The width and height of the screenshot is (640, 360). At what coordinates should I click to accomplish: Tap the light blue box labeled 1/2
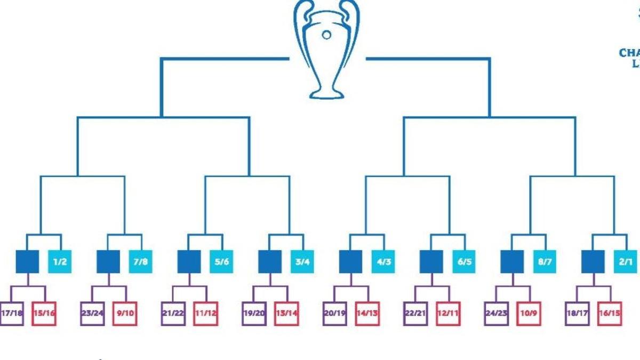click(60, 261)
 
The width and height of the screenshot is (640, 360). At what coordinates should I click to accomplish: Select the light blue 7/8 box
click(140, 261)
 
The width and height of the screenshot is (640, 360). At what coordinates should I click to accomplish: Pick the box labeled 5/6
click(221, 261)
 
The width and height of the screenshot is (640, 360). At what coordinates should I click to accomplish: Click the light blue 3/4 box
click(302, 261)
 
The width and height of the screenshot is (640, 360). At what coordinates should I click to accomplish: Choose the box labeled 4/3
click(383, 261)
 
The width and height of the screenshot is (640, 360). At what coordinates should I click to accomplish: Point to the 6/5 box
click(463, 261)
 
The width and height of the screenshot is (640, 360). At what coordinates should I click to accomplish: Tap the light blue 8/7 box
click(544, 261)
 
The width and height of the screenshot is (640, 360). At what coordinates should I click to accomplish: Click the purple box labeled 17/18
click(12, 313)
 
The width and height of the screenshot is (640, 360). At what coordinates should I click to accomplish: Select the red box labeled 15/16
click(44, 313)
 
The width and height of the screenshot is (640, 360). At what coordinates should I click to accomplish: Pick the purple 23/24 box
click(92, 313)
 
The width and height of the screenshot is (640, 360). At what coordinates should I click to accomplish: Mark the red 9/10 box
click(124, 313)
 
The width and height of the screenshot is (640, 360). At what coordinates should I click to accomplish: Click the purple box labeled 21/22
click(173, 313)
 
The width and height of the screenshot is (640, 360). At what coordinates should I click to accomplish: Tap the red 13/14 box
click(286, 313)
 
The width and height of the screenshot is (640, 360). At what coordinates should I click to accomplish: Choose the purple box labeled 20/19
click(334, 313)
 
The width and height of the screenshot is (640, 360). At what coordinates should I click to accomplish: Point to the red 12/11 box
click(447, 313)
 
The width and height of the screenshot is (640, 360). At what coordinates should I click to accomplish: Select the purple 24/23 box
click(496, 313)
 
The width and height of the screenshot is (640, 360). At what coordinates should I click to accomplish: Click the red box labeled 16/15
click(609, 313)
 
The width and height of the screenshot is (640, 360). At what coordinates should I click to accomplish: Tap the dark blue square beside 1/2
click(27, 261)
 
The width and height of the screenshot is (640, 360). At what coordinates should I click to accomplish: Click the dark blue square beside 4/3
click(350, 261)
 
